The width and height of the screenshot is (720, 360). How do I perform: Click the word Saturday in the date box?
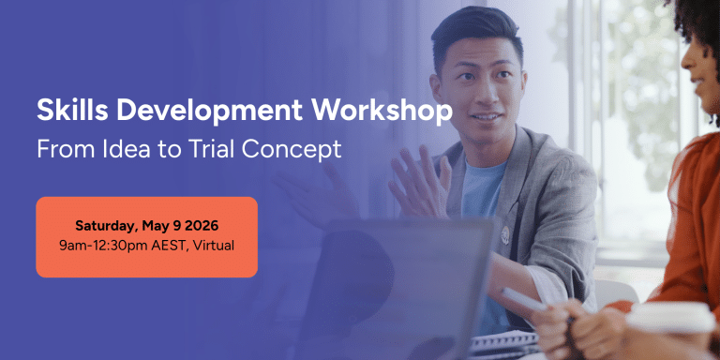(x=106, y=226)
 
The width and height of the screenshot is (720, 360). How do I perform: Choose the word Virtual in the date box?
(x=214, y=246)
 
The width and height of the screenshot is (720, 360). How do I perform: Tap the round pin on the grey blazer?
(x=505, y=232)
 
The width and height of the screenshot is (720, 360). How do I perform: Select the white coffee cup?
(x=670, y=332)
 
